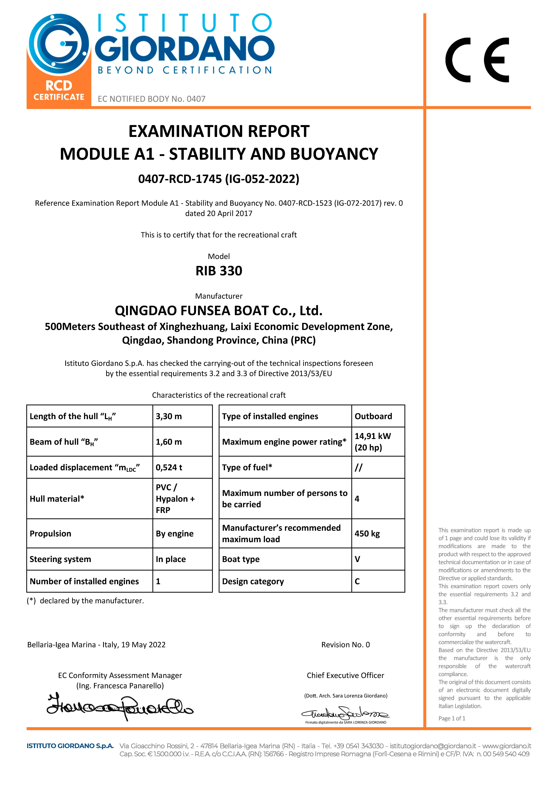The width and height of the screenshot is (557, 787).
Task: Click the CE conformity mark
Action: [477, 60]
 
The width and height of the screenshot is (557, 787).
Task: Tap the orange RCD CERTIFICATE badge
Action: [59, 91]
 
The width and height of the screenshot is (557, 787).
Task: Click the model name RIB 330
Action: [219, 271]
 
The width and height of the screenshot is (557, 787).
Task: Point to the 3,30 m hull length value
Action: [169, 416]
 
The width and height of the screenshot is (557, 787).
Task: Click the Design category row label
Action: [253, 581]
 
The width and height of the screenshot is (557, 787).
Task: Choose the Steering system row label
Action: [60, 559]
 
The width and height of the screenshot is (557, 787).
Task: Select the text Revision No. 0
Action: [345, 645]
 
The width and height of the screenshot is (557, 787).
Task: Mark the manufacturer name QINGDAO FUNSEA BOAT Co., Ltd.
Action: [219, 311]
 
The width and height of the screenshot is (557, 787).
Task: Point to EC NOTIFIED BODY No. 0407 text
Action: [151, 99]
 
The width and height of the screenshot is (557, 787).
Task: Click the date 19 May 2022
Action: [143, 645]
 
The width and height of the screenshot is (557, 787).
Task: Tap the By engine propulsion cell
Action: [174, 534]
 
